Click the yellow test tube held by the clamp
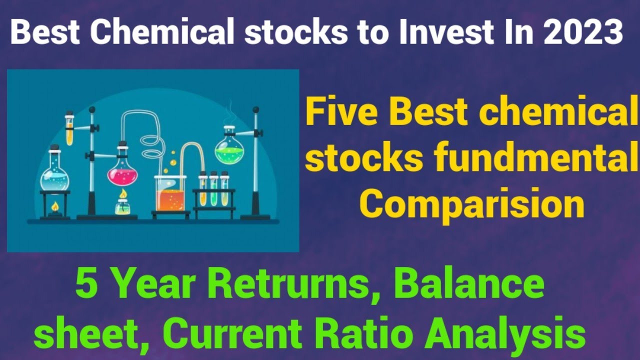[x=69, y=131]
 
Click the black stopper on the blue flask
[x=54, y=148]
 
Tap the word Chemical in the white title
[x=158, y=33]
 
